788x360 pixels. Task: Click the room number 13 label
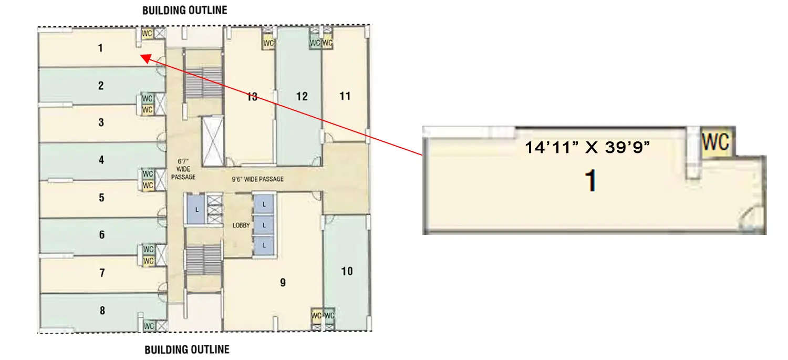click(x=252, y=97)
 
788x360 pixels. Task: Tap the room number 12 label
click(x=302, y=96)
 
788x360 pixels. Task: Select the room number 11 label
click(x=345, y=96)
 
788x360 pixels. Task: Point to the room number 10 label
click(x=347, y=271)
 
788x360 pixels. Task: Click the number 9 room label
click(x=283, y=283)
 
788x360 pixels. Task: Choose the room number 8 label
click(x=102, y=311)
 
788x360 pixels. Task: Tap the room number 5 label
click(x=102, y=198)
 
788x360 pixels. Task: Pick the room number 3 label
click(x=101, y=123)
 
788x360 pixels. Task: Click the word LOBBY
click(x=241, y=225)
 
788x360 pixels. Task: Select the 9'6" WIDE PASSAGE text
click(x=258, y=179)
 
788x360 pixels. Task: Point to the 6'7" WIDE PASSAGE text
click(x=183, y=169)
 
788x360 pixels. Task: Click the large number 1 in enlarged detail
click(x=592, y=181)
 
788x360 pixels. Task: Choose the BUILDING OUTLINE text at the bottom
click(x=187, y=349)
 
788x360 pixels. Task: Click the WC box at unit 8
click(x=149, y=326)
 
